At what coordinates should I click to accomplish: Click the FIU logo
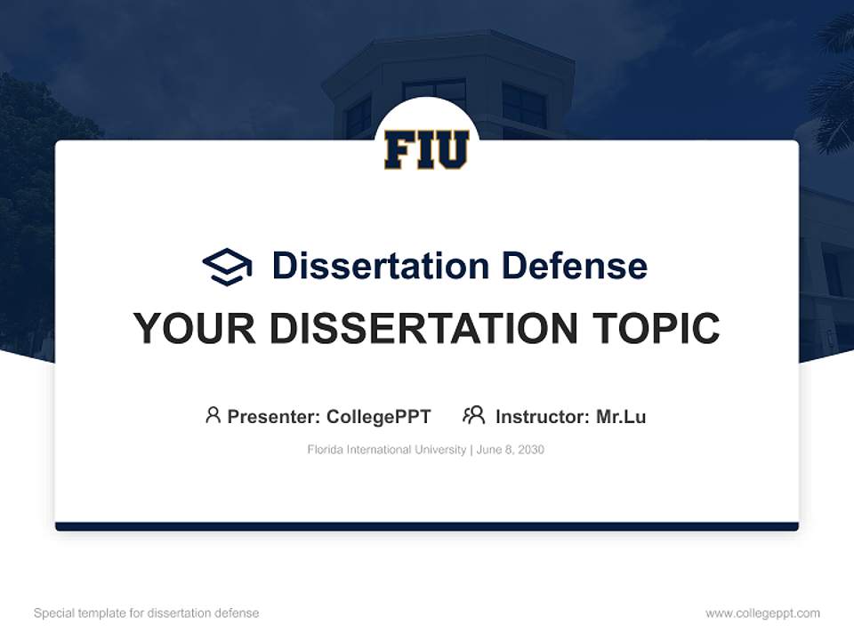click(x=426, y=149)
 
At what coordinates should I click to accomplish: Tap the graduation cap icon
click(x=227, y=267)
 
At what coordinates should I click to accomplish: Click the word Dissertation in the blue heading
click(x=381, y=266)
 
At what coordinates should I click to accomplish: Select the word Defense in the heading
click(x=575, y=266)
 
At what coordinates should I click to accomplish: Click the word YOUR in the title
click(x=195, y=328)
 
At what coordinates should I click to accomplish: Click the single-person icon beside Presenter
click(x=213, y=415)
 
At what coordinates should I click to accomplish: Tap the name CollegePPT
click(x=379, y=417)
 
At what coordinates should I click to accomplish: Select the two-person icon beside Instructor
click(x=474, y=415)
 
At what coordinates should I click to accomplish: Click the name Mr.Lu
click(x=621, y=417)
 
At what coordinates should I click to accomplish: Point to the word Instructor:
click(x=543, y=417)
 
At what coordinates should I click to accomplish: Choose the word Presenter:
click(x=274, y=417)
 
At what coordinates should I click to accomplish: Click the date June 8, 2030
click(x=511, y=450)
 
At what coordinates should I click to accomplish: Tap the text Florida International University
click(x=387, y=450)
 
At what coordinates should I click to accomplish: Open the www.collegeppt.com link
click(x=762, y=613)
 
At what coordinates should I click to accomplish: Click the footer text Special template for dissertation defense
click(x=147, y=613)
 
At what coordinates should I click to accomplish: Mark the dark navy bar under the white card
click(x=427, y=526)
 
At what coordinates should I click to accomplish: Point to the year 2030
click(x=531, y=450)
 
